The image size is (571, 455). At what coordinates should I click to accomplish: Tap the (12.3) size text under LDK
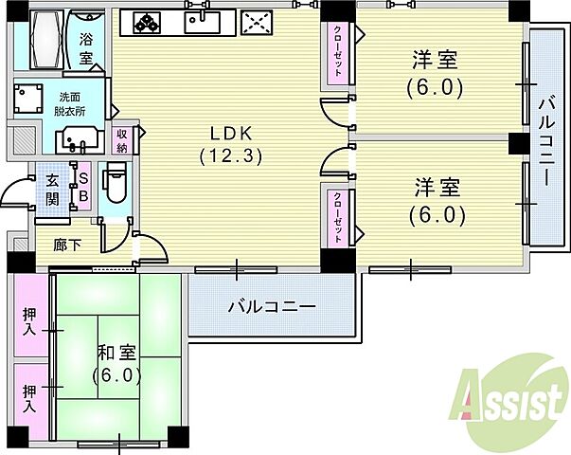[230, 155]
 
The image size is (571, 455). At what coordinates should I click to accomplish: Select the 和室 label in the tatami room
[116, 353]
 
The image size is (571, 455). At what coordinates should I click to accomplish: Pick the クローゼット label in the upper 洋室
[337, 51]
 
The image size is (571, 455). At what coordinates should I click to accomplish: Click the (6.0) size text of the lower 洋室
[437, 214]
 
